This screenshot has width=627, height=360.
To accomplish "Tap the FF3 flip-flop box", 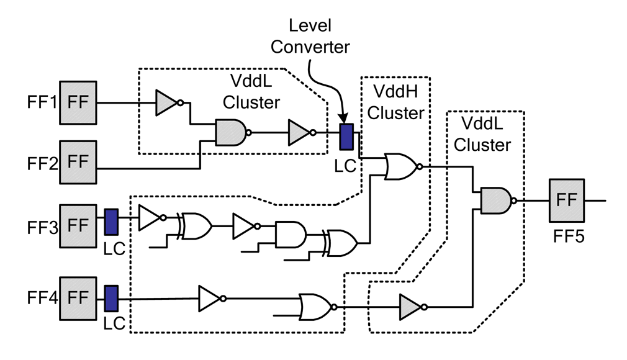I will coord(78,223).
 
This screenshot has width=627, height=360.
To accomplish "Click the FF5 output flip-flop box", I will coord(567,200).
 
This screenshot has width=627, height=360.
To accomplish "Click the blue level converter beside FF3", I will coord(111,222).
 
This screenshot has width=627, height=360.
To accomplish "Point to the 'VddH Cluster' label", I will coord(397,103).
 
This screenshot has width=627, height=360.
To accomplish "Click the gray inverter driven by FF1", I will coord(168,101).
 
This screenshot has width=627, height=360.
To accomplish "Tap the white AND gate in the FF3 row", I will coord(289,234).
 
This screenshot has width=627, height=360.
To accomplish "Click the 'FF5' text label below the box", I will coord(566,237).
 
